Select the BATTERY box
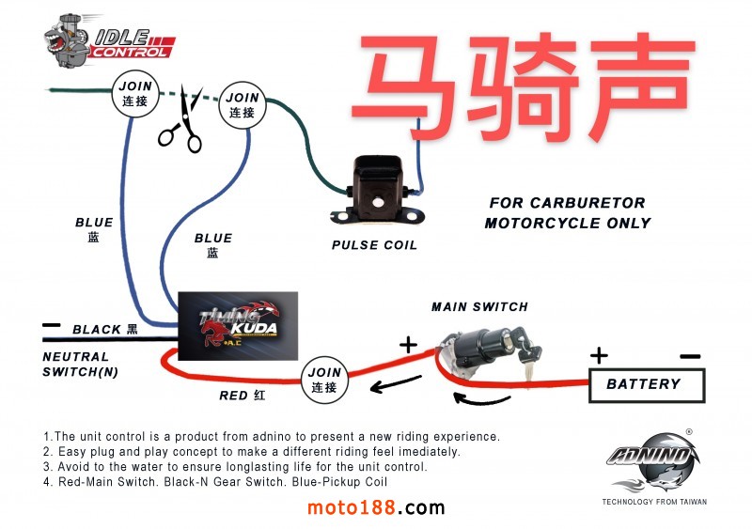coord(647,384)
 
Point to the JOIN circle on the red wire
coord(323,380)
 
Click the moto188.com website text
coord(376,507)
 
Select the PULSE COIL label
coord(374,245)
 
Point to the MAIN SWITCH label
coord(479,306)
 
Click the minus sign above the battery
coord(689,356)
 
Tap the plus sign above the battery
coord(598,356)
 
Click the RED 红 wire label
coord(242,396)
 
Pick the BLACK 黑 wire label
coord(105,330)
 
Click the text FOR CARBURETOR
coord(567,203)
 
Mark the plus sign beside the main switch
coord(408,345)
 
